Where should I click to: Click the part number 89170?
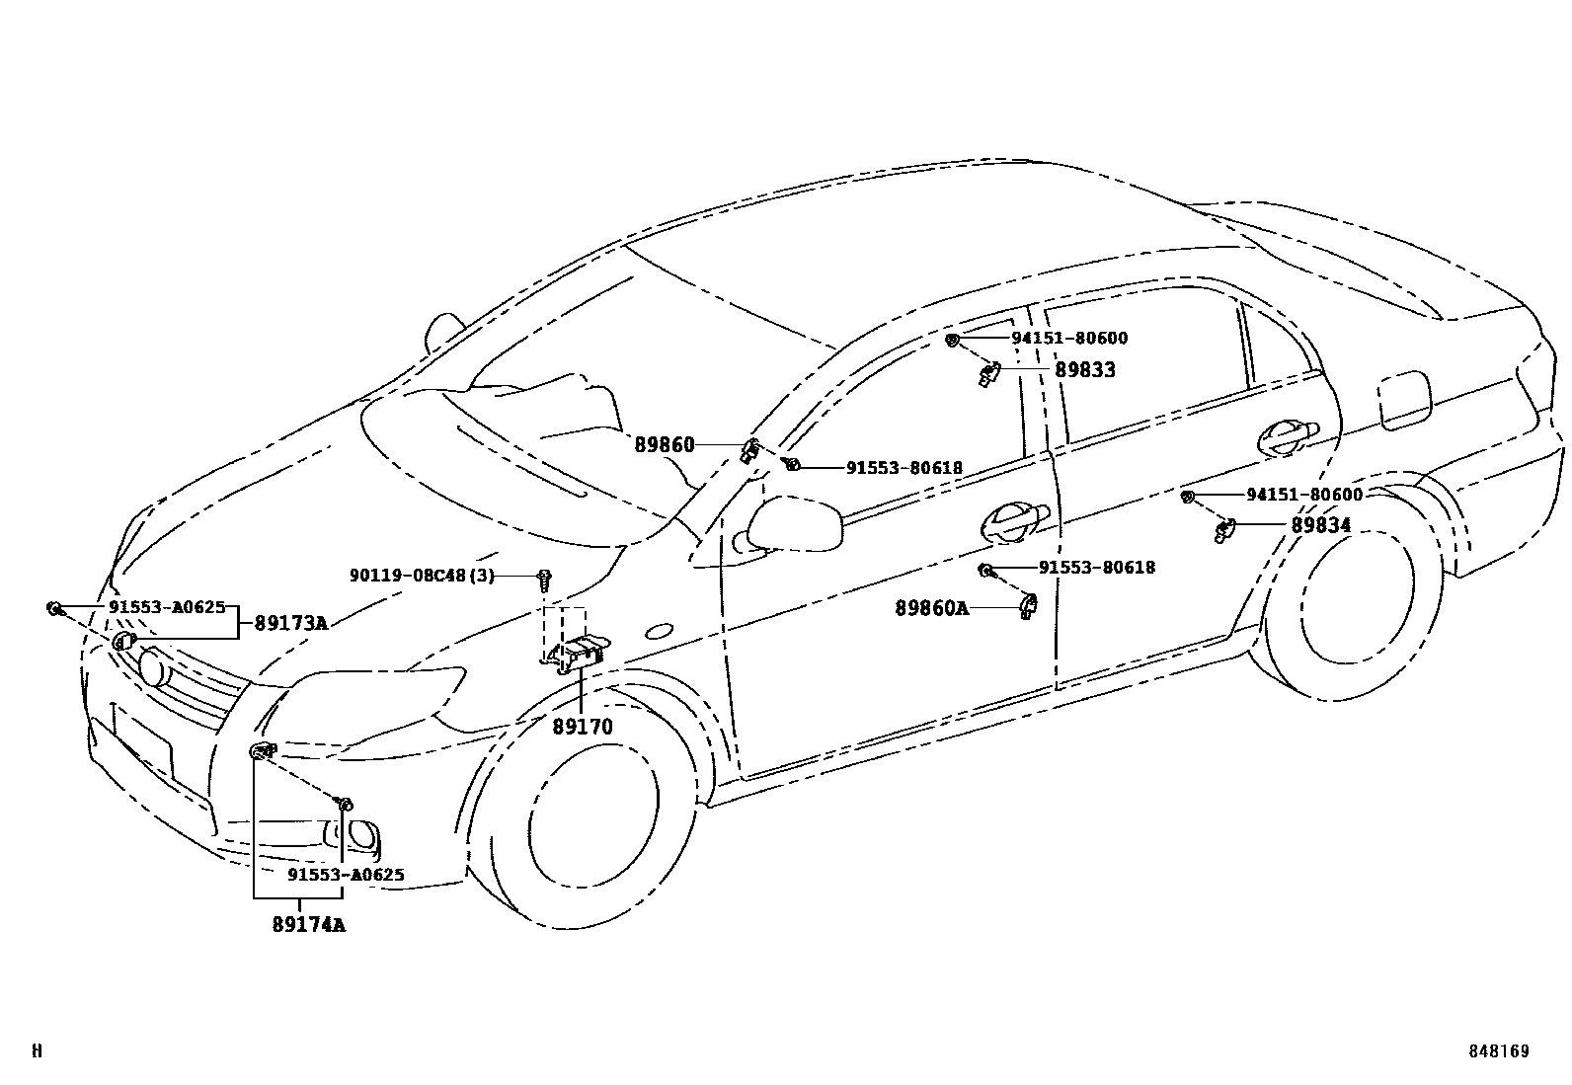[583, 728]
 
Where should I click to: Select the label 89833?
[1084, 370]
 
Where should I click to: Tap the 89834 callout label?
[1320, 525]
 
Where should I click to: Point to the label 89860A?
[931, 608]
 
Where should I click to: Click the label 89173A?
[290, 623]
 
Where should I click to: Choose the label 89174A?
[308, 925]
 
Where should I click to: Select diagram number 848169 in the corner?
[1497, 1051]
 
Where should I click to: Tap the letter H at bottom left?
[38, 1051]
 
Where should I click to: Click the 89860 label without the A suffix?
[664, 445]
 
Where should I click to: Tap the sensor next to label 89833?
[988, 373]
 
